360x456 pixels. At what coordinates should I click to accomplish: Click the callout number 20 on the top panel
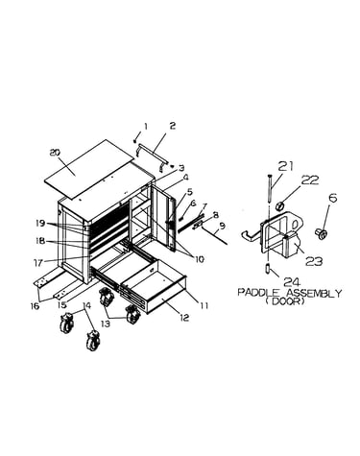(x=56, y=154)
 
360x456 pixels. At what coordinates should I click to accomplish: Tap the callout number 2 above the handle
(x=173, y=126)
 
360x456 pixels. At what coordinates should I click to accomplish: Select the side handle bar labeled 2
(x=152, y=155)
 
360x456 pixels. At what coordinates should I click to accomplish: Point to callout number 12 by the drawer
(x=184, y=318)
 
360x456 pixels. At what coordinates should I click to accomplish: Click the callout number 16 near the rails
(x=35, y=305)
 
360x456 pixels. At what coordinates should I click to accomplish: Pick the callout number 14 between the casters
(x=86, y=305)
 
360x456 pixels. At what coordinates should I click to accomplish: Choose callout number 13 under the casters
(x=106, y=324)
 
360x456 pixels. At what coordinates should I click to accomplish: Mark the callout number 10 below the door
(x=199, y=259)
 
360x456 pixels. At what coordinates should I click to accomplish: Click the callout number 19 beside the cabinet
(x=40, y=223)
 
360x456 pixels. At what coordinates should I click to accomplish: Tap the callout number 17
(x=38, y=262)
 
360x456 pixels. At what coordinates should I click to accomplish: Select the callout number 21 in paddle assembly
(x=285, y=166)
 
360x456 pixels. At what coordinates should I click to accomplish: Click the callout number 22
(x=310, y=180)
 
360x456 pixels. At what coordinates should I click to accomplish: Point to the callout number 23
(x=314, y=261)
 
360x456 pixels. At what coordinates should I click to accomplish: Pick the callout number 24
(x=293, y=282)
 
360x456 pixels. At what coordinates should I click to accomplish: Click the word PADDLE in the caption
(x=259, y=293)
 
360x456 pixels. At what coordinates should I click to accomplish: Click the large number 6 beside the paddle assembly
(x=333, y=199)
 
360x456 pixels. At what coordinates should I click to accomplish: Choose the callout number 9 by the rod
(x=222, y=226)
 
